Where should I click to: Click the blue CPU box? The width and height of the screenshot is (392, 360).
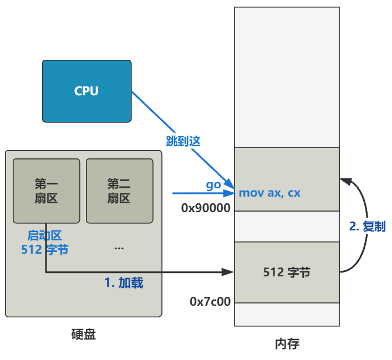click(87, 91)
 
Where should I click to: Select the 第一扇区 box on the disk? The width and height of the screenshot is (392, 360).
click(47, 191)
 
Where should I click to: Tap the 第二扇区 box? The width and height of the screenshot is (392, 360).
click(119, 191)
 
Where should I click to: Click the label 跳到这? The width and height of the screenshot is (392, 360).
click(182, 141)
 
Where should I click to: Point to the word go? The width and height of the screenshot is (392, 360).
click(213, 185)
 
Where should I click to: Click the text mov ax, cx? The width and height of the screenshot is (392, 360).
click(269, 193)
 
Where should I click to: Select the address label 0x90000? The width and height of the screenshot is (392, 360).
click(206, 208)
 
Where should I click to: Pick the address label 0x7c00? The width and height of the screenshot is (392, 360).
click(210, 302)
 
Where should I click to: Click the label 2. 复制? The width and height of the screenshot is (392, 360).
click(367, 226)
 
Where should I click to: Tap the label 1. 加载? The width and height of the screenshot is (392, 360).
click(124, 282)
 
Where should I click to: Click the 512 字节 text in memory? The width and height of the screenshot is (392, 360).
click(287, 272)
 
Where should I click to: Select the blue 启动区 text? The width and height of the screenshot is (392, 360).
click(44, 236)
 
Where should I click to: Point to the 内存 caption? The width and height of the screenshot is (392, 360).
click(287, 344)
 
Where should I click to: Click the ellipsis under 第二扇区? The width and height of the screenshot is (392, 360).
click(119, 248)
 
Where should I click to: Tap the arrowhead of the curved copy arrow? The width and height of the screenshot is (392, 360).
click(344, 180)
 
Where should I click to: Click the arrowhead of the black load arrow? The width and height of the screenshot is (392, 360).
click(228, 272)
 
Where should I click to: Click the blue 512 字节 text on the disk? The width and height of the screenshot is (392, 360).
click(45, 250)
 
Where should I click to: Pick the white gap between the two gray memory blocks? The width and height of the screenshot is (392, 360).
click(287, 227)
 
